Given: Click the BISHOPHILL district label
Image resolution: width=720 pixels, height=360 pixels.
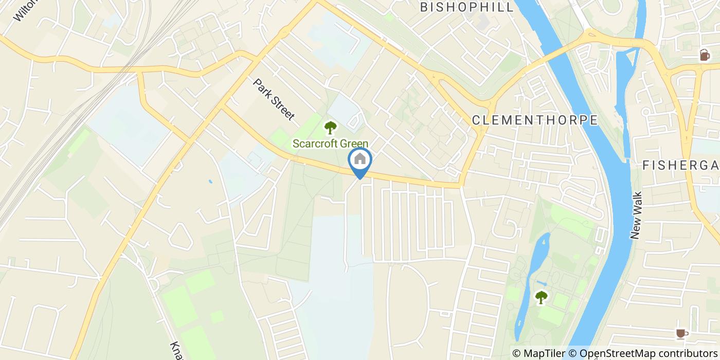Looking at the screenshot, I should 467,7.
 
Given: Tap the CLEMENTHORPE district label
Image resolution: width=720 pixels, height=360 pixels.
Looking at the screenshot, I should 535,120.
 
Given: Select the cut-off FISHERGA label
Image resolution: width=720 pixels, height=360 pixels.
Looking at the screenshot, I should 680,165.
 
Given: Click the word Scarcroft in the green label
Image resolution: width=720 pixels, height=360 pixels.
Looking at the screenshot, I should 315,144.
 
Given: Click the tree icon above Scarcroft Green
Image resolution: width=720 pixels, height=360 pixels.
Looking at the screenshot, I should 330,127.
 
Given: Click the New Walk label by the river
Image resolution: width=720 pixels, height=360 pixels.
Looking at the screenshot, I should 636,215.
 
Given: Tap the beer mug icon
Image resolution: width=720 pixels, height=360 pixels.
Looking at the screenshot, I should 704,55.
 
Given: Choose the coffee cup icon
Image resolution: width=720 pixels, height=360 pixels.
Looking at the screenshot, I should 682,334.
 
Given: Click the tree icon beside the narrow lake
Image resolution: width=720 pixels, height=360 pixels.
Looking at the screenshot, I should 541,297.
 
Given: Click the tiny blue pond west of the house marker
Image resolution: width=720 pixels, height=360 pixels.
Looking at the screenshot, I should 210,182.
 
